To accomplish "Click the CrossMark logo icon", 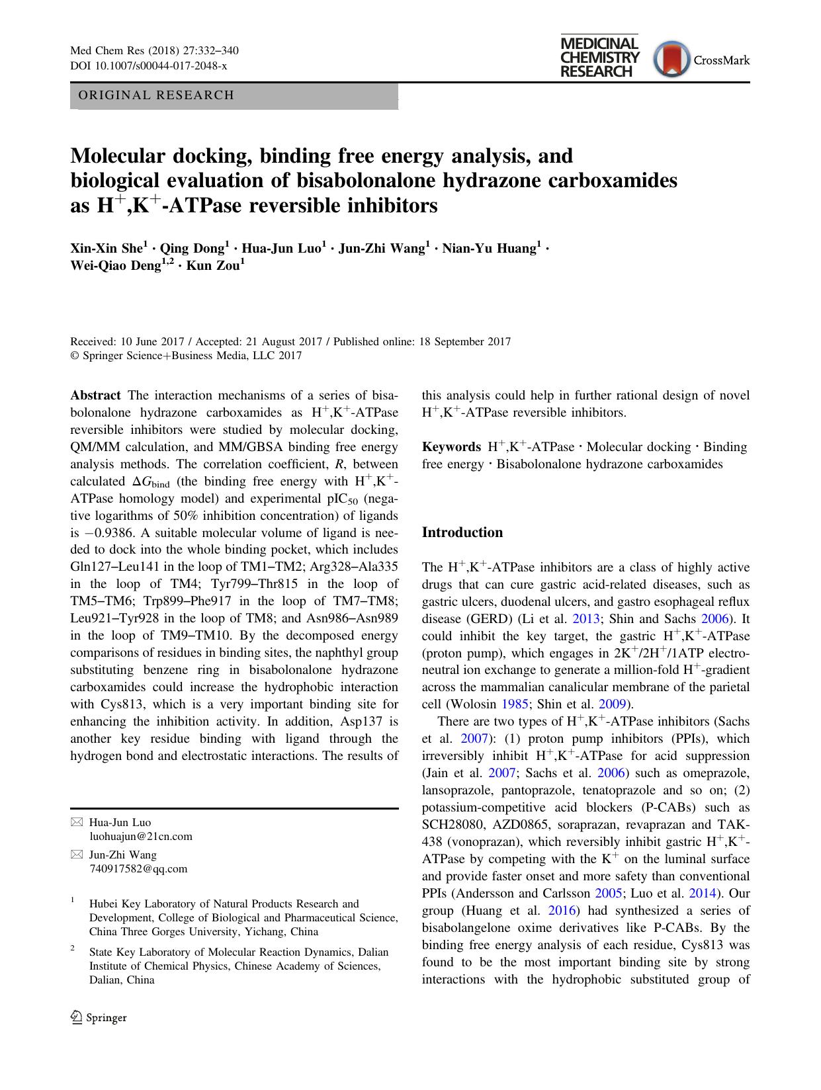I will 671,60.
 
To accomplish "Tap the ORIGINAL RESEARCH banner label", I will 156,95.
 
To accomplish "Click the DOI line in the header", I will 148,66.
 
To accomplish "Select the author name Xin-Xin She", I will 107,249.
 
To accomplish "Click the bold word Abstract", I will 95,396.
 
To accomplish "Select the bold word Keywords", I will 451,447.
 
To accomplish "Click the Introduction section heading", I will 462,532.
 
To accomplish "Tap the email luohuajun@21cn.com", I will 140,837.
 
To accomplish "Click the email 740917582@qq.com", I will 138,869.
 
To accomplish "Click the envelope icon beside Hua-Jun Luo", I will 77,822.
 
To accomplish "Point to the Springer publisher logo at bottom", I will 99,1017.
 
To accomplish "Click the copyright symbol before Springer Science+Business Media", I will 75,356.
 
